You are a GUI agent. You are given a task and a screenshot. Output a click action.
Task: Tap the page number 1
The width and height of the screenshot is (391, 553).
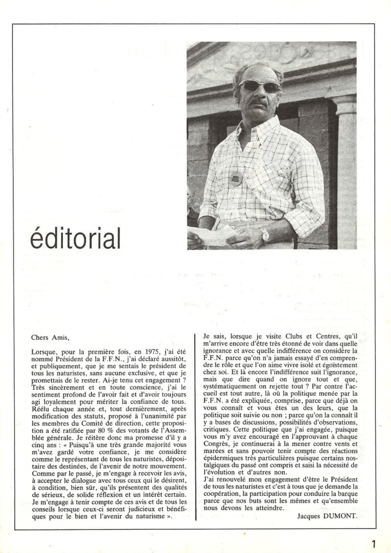(374, 544)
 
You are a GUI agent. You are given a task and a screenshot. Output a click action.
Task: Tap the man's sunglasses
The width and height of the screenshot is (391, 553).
(259, 86)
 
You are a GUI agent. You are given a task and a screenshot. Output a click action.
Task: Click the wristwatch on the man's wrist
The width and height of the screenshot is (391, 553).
(265, 234)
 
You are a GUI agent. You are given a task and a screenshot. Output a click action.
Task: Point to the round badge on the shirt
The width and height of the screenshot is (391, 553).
(236, 179)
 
